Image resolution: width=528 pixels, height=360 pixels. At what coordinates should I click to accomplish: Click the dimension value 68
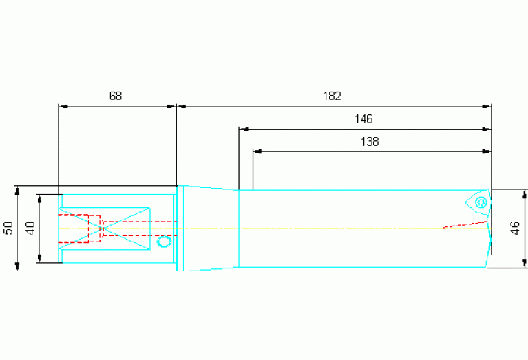point(116,96)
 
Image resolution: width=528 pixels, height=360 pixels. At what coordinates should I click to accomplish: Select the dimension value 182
point(332,96)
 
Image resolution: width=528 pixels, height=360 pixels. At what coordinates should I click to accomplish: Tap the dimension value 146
point(363,119)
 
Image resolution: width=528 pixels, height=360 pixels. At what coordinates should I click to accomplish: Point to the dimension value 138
point(370,141)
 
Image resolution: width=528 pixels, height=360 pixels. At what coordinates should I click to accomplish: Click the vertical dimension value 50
point(9,228)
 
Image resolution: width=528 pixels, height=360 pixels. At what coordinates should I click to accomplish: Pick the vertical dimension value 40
point(31,229)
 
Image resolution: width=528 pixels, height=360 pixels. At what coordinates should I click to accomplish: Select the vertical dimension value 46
point(515,228)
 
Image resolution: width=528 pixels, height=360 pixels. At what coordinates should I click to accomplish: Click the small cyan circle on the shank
point(165,242)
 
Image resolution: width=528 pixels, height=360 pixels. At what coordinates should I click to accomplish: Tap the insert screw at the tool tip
point(481,202)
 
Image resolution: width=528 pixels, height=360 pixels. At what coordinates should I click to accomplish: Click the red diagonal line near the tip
point(465,224)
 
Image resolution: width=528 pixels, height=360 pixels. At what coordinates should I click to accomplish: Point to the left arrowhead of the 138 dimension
point(257,151)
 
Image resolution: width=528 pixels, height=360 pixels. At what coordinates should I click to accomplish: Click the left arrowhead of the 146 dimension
point(244,129)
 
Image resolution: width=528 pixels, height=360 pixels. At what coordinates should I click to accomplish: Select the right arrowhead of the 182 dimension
point(487,107)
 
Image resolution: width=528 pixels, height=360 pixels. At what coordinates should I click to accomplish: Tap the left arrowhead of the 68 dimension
point(63,107)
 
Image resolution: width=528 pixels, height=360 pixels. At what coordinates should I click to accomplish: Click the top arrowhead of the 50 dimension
point(17,190)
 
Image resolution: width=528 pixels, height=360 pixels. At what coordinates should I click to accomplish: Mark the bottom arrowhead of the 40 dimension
point(39,258)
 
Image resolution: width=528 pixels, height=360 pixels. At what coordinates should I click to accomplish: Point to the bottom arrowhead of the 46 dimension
point(525,264)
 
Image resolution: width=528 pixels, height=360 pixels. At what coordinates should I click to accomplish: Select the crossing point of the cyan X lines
point(103,229)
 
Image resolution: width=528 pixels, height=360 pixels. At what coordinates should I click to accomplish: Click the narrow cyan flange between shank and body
point(180,229)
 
